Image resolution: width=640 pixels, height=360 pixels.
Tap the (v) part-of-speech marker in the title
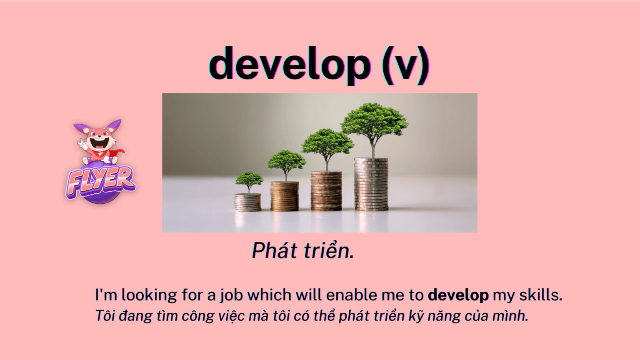pyautogui.click(x=406, y=65)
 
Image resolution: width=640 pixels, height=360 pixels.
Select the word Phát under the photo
pyautogui.click(x=274, y=250)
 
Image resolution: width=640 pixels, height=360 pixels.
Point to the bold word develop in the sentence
pyautogui.click(x=458, y=295)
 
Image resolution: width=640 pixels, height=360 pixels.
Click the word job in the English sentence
pyautogui.click(x=231, y=295)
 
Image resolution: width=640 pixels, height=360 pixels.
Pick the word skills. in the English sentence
pyautogui.click(x=540, y=295)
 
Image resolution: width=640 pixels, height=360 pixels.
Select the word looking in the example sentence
pyautogui.click(x=149, y=295)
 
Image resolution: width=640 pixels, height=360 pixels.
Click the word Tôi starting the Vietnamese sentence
pyautogui.click(x=105, y=316)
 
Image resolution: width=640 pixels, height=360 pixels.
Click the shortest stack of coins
pyautogui.click(x=248, y=202)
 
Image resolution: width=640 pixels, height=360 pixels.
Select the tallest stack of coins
pyautogui.click(x=371, y=184)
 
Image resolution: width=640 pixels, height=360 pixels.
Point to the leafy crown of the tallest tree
pyautogui.click(x=375, y=120)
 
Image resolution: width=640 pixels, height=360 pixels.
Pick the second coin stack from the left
pyautogui.click(x=285, y=196)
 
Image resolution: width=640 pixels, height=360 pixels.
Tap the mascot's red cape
pyautogui.click(x=114, y=153)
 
